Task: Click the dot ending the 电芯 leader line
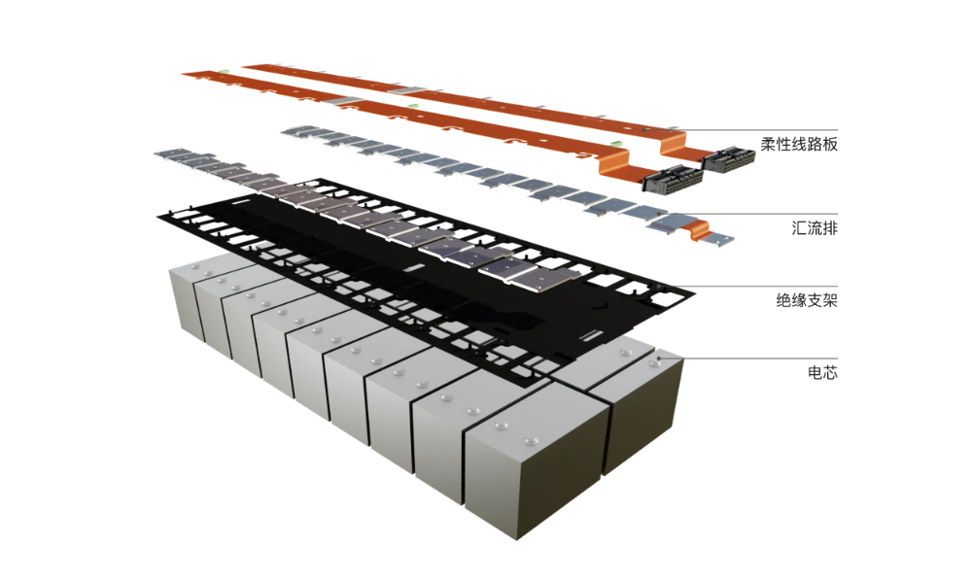660,359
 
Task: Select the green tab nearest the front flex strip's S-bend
614,144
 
